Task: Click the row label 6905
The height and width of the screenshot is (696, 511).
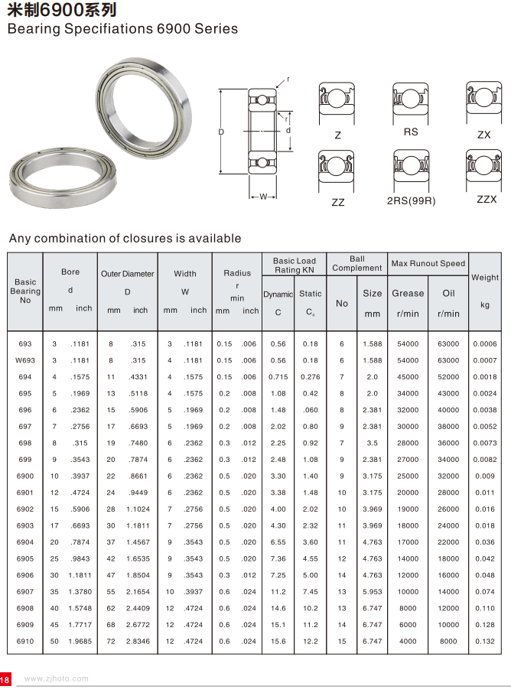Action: (x=25, y=558)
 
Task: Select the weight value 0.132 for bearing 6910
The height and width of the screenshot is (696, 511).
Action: (x=484, y=641)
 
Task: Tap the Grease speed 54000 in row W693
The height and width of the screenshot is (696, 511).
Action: (x=408, y=360)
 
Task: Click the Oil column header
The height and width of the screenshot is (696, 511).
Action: (x=448, y=293)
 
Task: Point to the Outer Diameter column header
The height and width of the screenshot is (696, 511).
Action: (x=128, y=273)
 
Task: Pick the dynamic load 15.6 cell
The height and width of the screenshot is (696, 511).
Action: (x=278, y=641)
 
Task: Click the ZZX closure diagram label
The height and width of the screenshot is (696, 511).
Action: (x=487, y=200)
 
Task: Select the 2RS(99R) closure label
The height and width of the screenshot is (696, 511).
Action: (x=411, y=201)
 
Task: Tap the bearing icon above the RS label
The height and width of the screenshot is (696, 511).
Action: (x=411, y=101)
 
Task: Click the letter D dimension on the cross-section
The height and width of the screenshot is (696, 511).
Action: (x=222, y=132)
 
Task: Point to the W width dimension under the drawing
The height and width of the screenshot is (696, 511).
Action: (x=263, y=197)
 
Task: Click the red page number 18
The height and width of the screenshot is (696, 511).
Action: (x=5, y=679)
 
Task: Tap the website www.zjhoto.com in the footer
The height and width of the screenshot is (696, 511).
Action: (x=57, y=678)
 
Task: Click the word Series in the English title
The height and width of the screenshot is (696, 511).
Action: (x=213, y=29)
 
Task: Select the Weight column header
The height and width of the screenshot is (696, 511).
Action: (x=484, y=278)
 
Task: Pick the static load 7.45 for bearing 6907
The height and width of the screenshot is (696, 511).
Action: (x=310, y=591)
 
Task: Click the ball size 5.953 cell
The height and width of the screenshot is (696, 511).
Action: (x=372, y=591)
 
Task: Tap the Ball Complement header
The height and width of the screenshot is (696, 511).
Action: (x=356, y=263)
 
